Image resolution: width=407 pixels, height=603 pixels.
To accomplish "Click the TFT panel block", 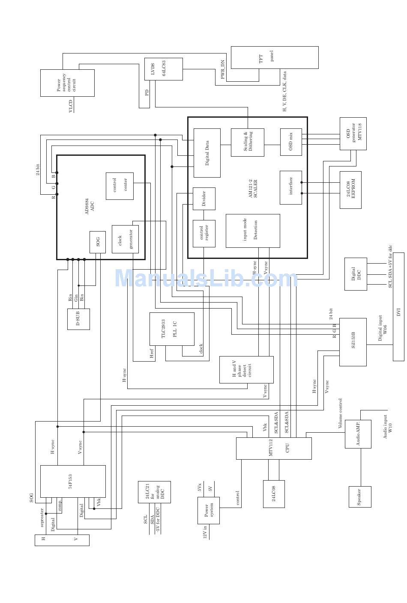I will [x=274, y=57].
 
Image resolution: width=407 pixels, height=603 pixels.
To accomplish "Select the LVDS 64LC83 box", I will [x=163, y=69].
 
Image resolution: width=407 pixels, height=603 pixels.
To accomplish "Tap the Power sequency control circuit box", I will [x=67, y=83].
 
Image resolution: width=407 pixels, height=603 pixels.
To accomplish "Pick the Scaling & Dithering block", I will [x=247, y=142].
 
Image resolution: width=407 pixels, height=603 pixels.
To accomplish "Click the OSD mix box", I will [x=291, y=142].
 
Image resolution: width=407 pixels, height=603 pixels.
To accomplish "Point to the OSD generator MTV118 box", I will [x=353, y=133].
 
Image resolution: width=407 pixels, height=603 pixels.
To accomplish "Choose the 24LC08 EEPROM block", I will [x=350, y=190].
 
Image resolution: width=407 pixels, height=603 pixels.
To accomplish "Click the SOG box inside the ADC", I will [x=98, y=242].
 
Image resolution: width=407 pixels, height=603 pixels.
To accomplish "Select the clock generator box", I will [x=125, y=239].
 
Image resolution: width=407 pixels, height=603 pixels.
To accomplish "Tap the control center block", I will [x=120, y=186].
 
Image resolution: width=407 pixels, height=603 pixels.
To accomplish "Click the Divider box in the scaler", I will [x=204, y=199].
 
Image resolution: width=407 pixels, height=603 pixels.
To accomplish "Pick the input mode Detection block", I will [x=253, y=231].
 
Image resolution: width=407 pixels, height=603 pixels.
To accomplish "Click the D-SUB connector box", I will [x=78, y=319].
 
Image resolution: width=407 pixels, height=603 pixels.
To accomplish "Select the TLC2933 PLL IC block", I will [x=171, y=329].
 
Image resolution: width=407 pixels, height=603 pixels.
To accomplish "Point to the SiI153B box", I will [x=353, y=342].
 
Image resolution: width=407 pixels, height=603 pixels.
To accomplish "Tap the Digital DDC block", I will [x=356, y=274].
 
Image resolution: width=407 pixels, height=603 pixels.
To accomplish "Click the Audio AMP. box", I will [x=358, y=434].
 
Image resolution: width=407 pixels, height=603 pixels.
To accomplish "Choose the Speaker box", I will [x=359, y=496].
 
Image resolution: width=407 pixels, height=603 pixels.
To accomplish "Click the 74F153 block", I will [x=73, y=481].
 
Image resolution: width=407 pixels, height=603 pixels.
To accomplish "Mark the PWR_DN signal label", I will [x=223, y=69].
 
